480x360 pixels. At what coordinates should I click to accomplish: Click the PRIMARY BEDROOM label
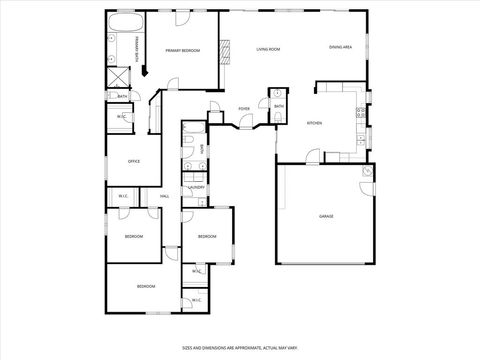[183, 51]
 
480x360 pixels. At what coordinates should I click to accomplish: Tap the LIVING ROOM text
[267, 49]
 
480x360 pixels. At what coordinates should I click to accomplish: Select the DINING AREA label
[341, 47]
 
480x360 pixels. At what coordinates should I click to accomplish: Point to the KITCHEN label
[314, 123]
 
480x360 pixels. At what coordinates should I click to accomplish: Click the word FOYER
[244, 108]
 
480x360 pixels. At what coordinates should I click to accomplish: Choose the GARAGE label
[326, 216]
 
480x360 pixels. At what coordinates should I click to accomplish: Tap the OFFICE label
[133, 161]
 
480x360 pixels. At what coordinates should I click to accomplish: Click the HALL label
[164, 196]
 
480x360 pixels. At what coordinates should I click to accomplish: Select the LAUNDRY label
[196, 187]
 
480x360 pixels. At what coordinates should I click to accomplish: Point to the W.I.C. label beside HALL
[123, 196]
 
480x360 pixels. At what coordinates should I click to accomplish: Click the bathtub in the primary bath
[126, 22]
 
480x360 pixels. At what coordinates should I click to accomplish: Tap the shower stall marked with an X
[117, 77]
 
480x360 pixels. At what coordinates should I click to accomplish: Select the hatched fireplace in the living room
[226, 47]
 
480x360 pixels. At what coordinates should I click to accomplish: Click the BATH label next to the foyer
[279, 106]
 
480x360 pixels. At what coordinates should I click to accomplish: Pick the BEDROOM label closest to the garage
[207, 236]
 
